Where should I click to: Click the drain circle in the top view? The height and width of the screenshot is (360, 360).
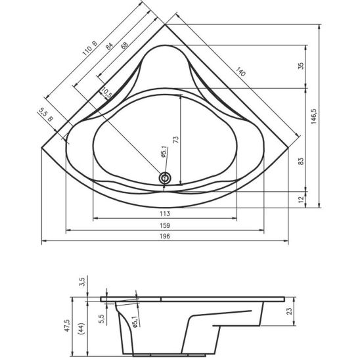pyautogui.click(x=165, y=178)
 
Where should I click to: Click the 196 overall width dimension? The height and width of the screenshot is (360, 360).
pyautogui.click(x=165, y=236)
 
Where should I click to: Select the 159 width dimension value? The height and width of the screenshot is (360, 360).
pyautogui.click(x=165, y=226)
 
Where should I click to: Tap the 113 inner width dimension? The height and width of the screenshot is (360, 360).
pyautogui.click(x=165, y=214)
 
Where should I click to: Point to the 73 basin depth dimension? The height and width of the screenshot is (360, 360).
pyautogui.click(x=175, y=139)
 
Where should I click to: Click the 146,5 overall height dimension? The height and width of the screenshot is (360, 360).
pyautogui.click(x=313, y=116)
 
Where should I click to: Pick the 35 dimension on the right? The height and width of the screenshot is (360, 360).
pyautogui.click(x=301, y=66)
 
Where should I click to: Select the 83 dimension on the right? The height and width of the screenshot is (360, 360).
pyautogui.click(x=301, y=161)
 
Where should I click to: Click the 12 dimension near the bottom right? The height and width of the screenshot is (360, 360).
pyautogui.click(x=302, y=198)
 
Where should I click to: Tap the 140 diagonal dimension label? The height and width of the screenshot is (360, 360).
pyautogui.click(x=240, y=72)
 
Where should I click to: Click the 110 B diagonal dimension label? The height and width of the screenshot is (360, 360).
pyautogui.click(x=90, y=48)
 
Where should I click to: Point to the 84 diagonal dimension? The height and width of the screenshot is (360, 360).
pyautogui.click(x=109, y=46)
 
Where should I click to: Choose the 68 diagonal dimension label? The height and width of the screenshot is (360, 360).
pyautogui.click(x=124, y=45)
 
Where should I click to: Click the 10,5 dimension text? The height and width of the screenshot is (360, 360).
pyautogui.click(x=106, y=93)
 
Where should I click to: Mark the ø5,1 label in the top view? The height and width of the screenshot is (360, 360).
pyautogui.click(x=164, y=152)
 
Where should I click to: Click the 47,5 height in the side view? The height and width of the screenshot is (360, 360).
pyautogui.click(x=67, y=325)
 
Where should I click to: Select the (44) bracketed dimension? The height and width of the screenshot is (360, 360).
pyautogui.click(x=81, y=328)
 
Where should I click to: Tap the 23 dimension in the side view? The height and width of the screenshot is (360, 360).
pyautogui.click(x=290, y=311)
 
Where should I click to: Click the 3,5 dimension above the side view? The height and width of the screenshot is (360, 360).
pyautogui.click(x=82, y=282)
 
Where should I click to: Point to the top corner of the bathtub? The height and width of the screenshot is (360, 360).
pyautogui.click(x=165, y=24)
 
